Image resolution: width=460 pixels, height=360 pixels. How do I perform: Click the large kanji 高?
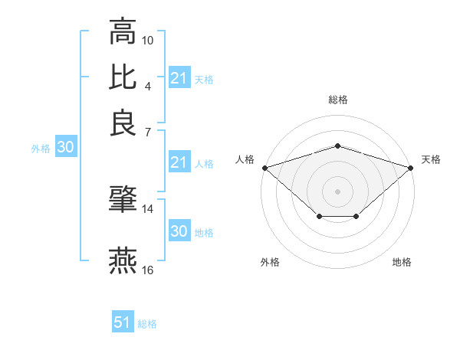[x=123, y=32]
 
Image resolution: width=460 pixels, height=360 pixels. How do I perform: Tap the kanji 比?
[x=123, y=77]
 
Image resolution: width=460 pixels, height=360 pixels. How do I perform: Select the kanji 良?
[x=123, y=123]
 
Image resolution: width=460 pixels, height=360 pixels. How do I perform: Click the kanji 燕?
[x=123, y=260]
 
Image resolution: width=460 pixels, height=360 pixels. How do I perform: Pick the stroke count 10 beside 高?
[x=148, y=39]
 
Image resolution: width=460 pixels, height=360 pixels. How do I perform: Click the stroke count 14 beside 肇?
[x=148, y=208]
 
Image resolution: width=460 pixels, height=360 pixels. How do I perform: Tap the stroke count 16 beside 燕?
[x=148, y=270]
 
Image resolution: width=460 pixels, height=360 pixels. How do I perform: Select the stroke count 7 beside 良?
[x=148, y=133]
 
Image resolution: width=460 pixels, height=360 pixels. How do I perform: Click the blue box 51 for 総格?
[x=123, y=322]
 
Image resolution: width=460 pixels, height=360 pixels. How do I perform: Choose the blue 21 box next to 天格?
[x=179, y=78]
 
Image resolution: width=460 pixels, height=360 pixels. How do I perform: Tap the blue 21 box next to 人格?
[x=179, y=162]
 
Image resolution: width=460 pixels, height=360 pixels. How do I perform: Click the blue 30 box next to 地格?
[x=179, y=231]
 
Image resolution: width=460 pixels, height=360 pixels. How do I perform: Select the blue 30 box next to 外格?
[x=65, y=148]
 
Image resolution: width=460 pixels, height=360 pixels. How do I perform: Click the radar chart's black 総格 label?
[x=337, y=100]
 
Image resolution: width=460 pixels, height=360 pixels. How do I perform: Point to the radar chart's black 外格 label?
[x=270, y=263]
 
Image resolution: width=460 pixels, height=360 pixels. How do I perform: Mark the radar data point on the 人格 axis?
[x=264, y=167]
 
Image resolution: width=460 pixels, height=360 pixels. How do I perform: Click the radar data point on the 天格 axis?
[x=411, y=167]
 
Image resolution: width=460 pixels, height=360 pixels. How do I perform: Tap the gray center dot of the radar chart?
[x=337, y=191]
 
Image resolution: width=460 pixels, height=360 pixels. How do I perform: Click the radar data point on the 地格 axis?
[x=356, y=218]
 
